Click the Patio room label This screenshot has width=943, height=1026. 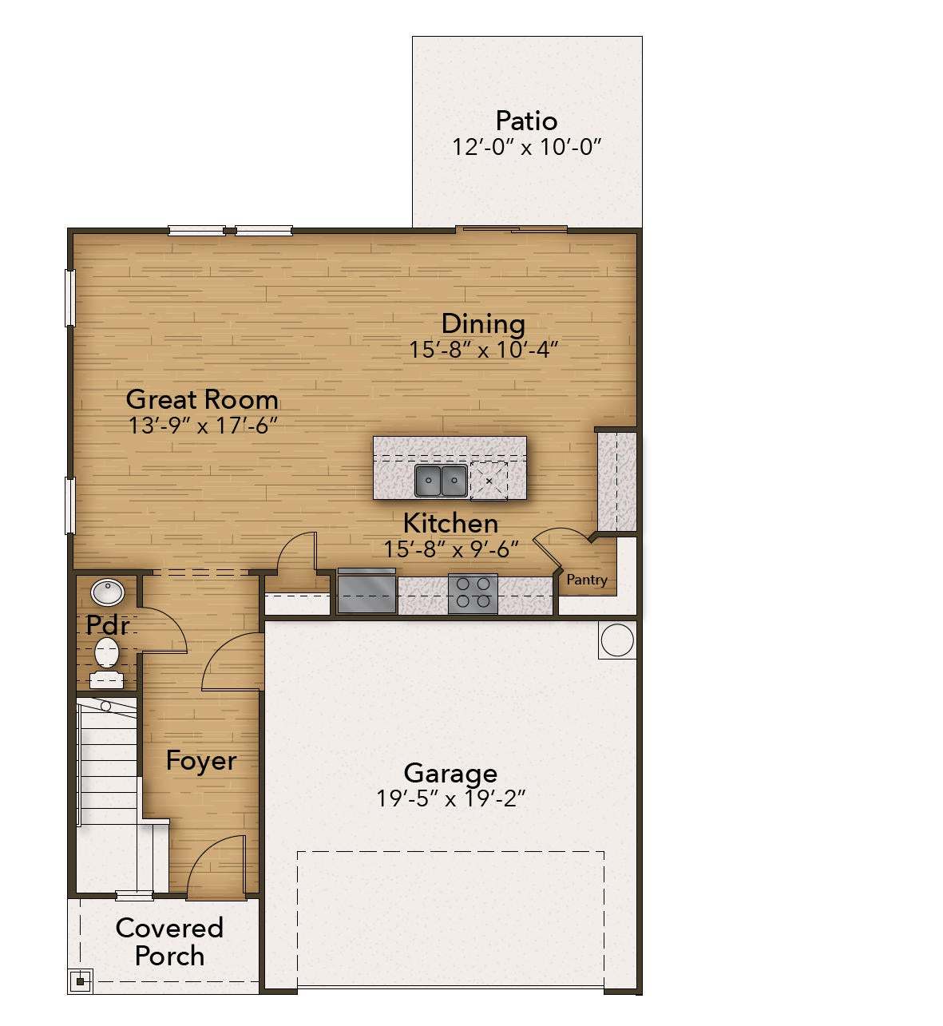(x=526, y=121)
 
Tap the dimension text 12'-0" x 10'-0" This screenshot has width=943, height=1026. (x=526, y=148)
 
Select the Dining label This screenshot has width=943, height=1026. (x=483, y=323)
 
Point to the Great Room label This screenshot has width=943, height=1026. (x=202, y=398)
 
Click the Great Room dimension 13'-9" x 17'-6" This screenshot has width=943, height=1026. (x=202, y=426)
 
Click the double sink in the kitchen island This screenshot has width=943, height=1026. (x=441, y=481)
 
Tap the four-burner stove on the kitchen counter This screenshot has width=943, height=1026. (x=473, y=593)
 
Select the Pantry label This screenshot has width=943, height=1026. (x=587, y=580)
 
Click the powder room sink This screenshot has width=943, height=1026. (x=107, y=592)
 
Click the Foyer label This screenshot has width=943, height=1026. (x=201, y=761)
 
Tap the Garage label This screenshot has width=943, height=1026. (x=450, y=773)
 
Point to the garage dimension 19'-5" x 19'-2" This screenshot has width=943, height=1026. (x=450, y=798)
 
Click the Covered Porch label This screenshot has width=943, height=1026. (x=169, y=941)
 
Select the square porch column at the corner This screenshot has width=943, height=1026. (x=81, y=980)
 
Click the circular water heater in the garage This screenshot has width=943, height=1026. (x=616, y=640)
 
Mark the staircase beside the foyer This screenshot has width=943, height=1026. (x=108, y=763)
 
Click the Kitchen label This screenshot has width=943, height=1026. (x=450, y=523)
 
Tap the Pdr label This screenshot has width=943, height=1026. (x=107, y=624)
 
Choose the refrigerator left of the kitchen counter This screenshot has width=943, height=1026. (x=367, y=592)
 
